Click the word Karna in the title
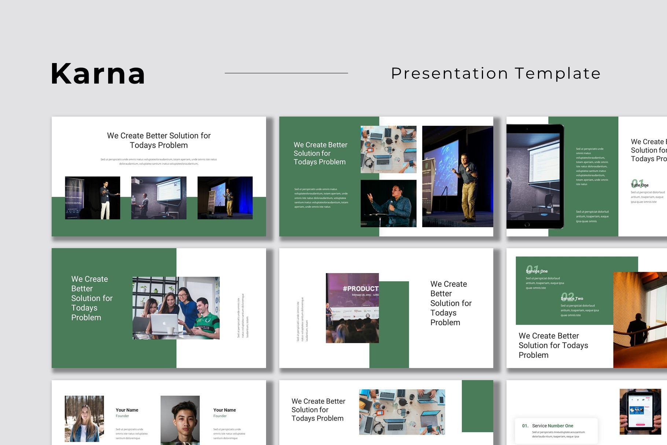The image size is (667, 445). tap(98, 74)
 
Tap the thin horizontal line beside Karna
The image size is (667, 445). tap(286, 73)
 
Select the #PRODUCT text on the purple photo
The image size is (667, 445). tap(360, 288)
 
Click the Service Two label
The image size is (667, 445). tap(572, 298)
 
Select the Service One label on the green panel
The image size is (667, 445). tap(537, 271)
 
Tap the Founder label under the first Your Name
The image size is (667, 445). tap(122, 416)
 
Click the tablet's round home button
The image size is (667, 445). tap(527, 224)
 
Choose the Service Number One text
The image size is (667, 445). tap(553, 426)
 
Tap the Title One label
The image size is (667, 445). tap(640, 185)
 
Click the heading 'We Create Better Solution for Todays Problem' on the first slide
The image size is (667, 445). tap(159, 140)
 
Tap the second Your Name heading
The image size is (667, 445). tap(225, 410)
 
